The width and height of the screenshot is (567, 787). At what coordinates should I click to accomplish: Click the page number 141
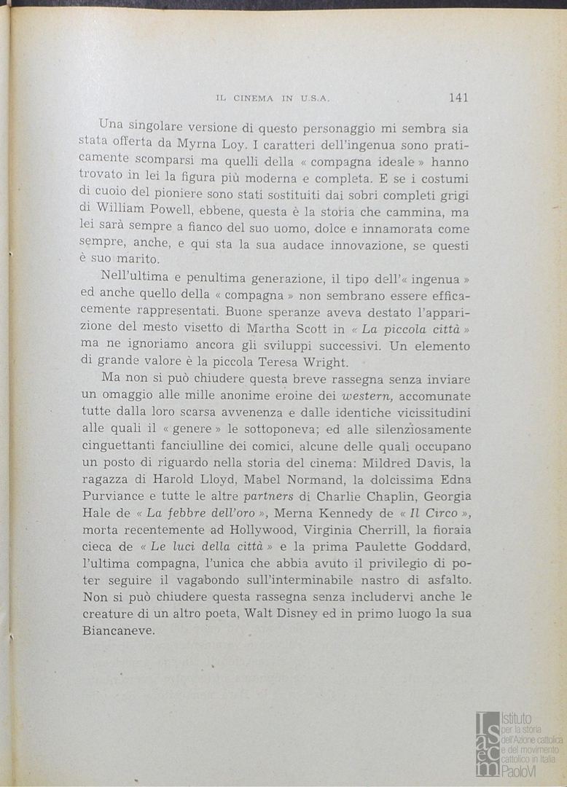[x=458, y=97]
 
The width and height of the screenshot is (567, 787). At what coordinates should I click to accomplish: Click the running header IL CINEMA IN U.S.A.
[x=274, y=98]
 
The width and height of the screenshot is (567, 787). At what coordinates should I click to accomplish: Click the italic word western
[x=368, y=396]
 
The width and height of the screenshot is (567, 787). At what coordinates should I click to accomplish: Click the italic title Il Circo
[x=433, y=513]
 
